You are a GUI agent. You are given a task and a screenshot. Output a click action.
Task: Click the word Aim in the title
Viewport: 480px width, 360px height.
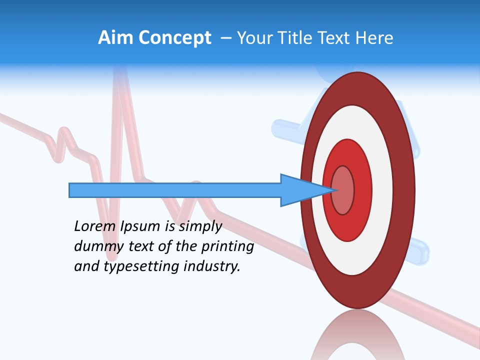click(112, 38)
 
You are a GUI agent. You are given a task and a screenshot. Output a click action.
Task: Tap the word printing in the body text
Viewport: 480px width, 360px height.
click(227, 246)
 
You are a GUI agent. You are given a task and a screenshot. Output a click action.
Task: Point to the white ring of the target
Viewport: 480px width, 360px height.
click(382, 190)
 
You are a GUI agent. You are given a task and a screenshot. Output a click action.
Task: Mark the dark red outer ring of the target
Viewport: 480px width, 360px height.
click(406, 190)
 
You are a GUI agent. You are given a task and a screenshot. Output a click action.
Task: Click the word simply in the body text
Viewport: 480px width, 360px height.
click(200, 226)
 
